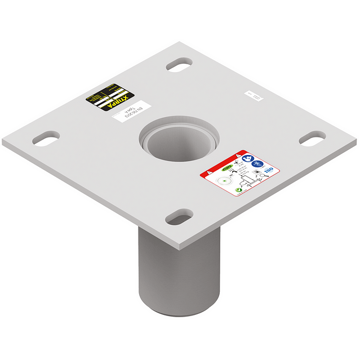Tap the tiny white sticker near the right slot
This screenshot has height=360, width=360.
coord(253,99)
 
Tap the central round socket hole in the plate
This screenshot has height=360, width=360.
coord(181,134)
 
